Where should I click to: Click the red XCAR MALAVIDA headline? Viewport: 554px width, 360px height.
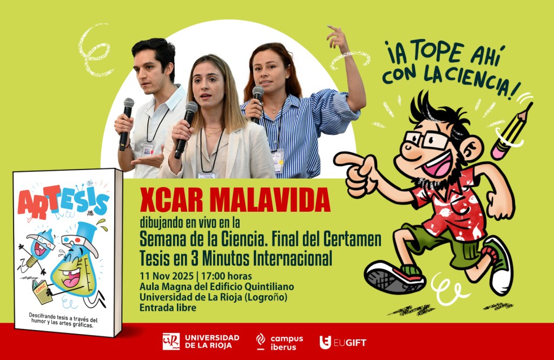coord(235,200)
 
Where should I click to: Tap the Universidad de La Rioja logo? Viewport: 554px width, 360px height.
coord(201,342)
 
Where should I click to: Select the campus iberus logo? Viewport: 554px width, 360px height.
coord(280,342)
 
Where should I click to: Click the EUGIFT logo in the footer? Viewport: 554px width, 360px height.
coord(342,342)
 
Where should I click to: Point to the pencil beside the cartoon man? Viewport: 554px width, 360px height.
coord(511,131)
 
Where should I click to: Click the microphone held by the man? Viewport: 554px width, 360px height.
coord(126,124)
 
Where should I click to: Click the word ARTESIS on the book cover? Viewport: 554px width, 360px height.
coord(63,202)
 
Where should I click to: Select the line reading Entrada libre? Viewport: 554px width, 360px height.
coord(168,307)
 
